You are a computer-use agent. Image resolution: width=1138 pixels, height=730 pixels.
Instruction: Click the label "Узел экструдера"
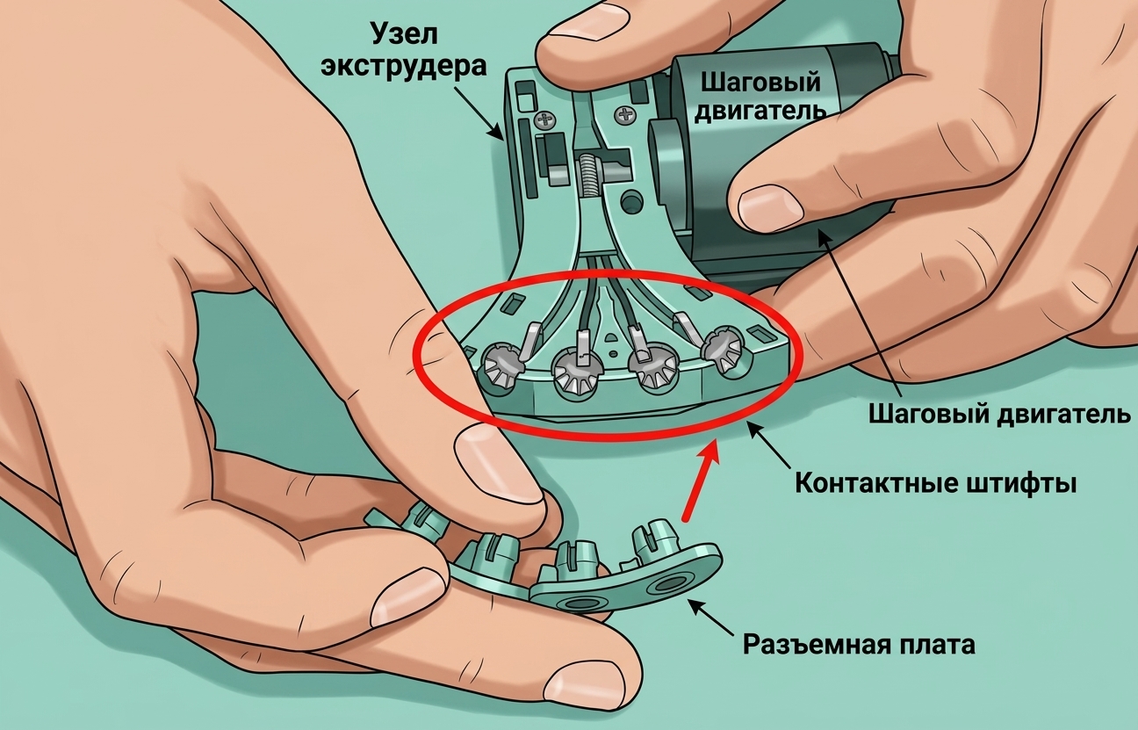pos(403,51)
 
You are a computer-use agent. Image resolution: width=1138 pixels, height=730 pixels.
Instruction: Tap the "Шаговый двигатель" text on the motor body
pos(760,97)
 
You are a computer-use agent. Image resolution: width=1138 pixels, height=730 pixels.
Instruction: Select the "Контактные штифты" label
pos(935,483)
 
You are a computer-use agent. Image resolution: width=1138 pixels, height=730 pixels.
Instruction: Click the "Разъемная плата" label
pos(859,645)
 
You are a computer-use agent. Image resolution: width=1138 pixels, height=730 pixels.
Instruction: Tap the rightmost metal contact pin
pos(724,348)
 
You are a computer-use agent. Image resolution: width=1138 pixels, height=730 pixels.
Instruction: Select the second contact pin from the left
pos(577,373)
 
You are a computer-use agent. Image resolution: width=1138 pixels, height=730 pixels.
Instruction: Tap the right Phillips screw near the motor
pos(625,114)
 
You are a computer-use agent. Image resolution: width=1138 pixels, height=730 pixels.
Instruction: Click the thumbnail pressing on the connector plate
pos(494,465)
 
